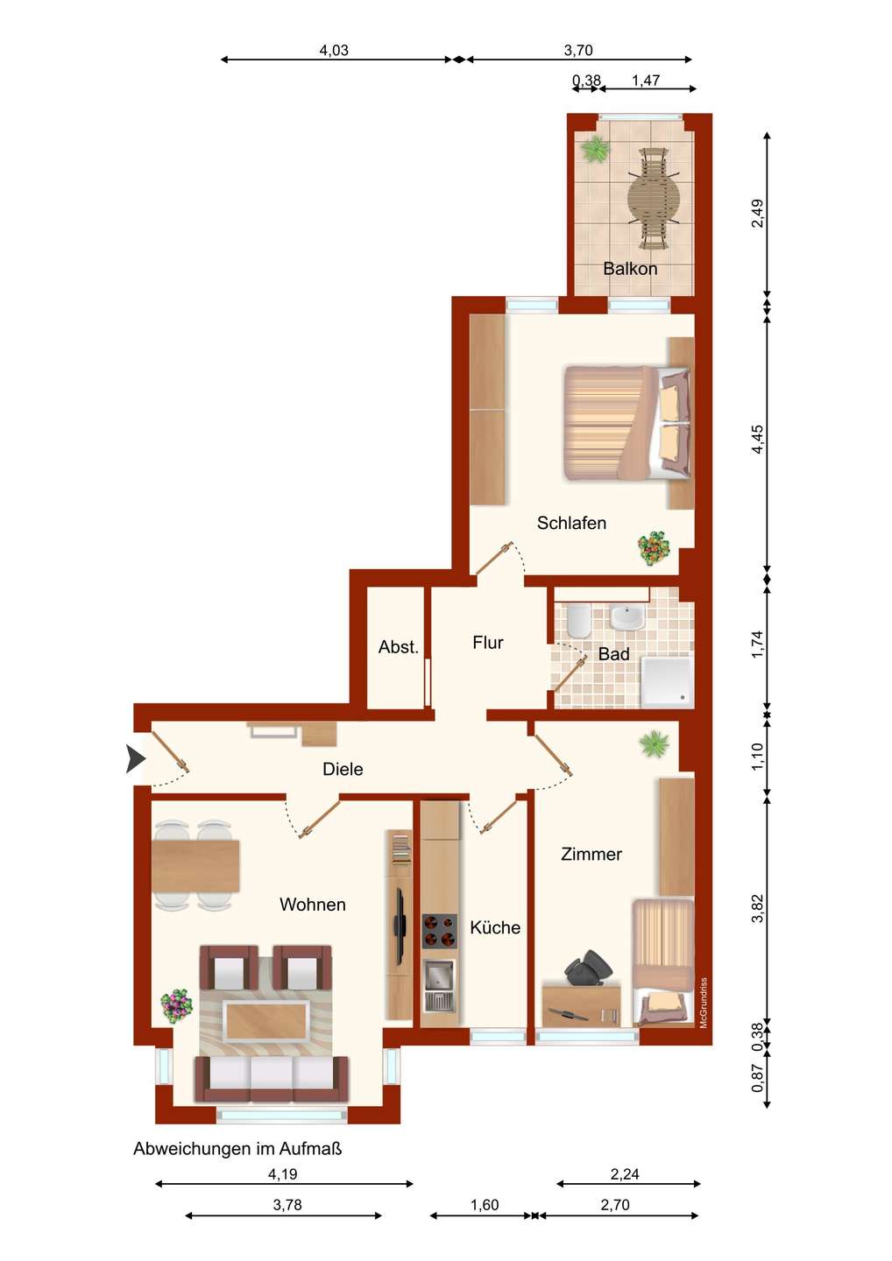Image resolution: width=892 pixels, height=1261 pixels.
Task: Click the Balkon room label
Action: click(630, 269)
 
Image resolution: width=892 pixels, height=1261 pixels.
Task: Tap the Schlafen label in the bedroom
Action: click(571, 523)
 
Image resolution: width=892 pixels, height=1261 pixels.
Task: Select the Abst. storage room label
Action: click(398, 647)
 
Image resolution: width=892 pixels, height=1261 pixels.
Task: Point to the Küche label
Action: click(495, 927)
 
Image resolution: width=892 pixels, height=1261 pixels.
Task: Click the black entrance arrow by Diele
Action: click(135, 758)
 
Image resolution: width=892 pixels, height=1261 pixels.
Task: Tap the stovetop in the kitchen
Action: click(439, 932)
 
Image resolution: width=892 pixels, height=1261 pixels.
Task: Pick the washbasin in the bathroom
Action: click(626, 617)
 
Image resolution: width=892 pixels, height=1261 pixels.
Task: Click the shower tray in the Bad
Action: click(667, 681)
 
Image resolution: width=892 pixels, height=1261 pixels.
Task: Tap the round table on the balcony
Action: click(654, 198)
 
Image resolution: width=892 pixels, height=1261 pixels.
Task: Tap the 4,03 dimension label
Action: click(334, 51)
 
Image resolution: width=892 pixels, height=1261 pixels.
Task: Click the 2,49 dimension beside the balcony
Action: click(757, 214)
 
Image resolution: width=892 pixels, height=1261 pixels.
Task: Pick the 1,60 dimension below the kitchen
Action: click(485, 1205)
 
